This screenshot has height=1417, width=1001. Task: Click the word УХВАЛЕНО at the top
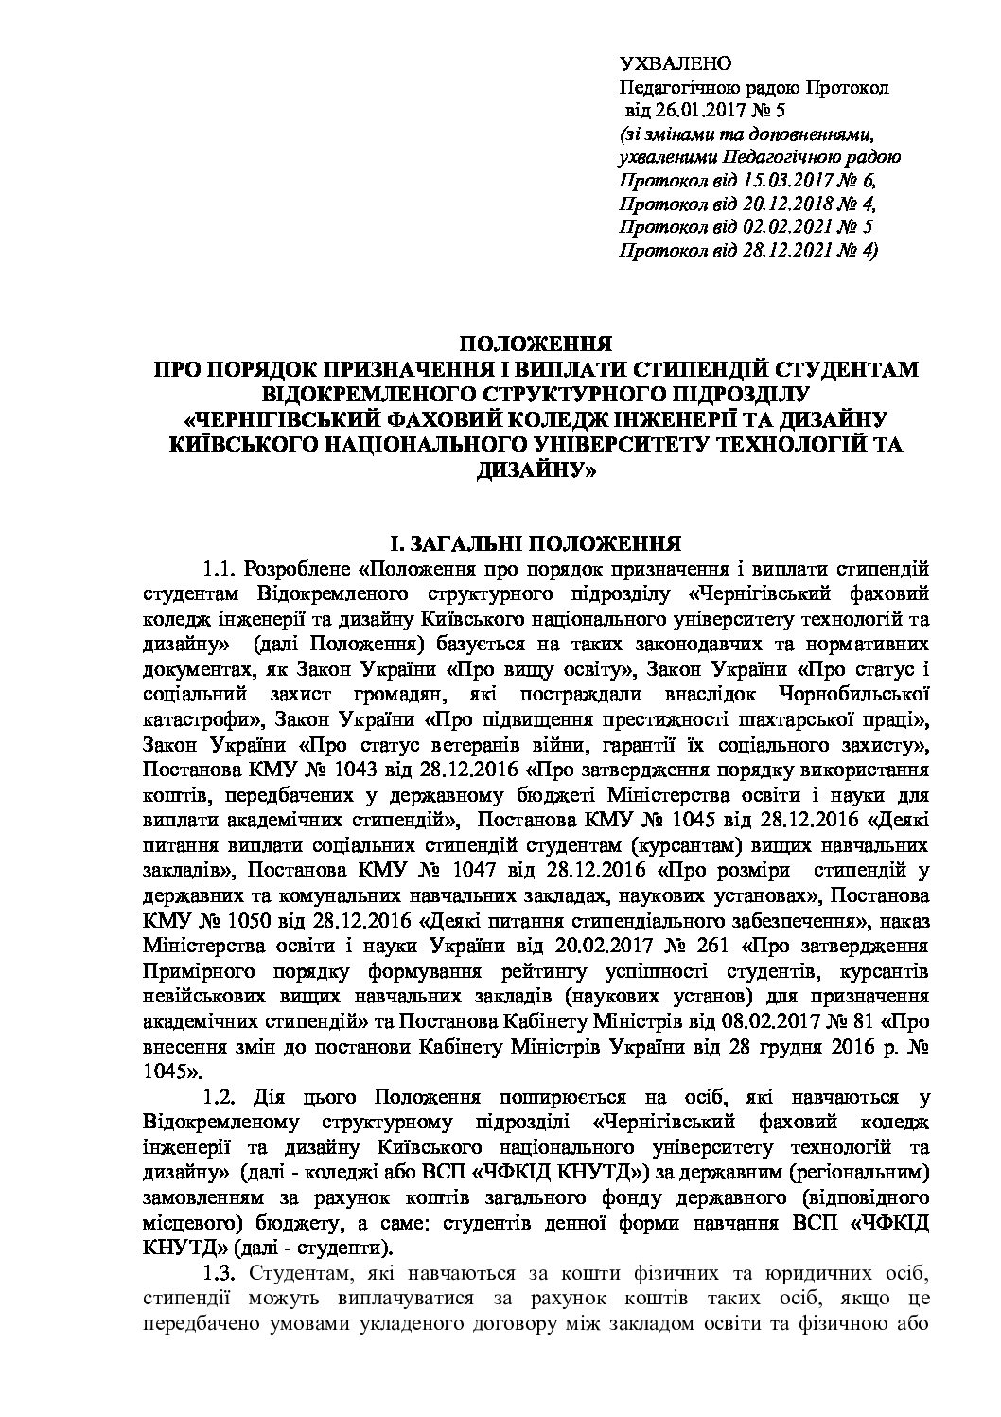[x=675, y=64]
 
